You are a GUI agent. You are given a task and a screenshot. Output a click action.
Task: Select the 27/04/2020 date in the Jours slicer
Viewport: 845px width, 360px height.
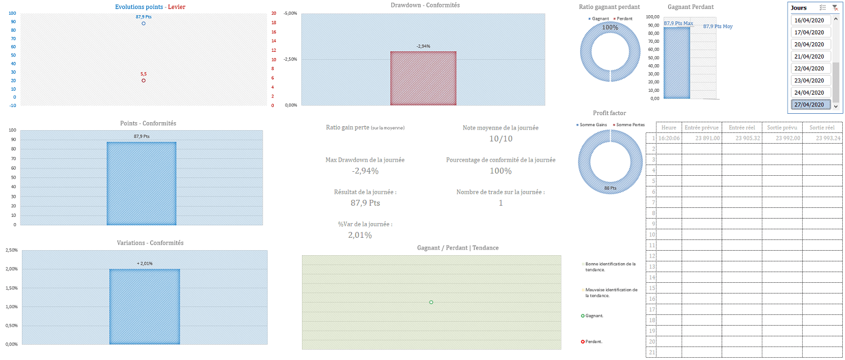click(x=811, y=105)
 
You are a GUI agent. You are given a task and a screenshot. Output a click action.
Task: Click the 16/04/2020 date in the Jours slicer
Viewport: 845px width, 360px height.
click(x=811, y=20)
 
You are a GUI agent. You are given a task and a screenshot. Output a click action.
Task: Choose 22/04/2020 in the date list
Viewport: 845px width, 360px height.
click(x=811, y=68)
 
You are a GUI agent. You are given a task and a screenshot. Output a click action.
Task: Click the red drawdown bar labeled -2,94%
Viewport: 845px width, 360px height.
click(x=423, y=78)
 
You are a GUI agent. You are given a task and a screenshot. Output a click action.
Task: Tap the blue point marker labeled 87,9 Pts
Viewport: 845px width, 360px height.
click(x=144, y=24)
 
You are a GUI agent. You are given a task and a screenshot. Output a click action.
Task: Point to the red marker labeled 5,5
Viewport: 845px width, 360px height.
click(x=144, y=81)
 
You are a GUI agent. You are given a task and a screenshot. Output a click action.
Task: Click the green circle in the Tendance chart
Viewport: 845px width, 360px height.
click(x=431, y=303)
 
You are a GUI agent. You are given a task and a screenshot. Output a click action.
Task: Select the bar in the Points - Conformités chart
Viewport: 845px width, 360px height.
click(x=141, y=183)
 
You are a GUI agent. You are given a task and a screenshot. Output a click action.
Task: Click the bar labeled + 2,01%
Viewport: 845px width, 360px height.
click(x=144, y=306)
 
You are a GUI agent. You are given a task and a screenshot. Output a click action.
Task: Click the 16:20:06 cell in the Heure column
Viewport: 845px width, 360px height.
click(x=669, y=138)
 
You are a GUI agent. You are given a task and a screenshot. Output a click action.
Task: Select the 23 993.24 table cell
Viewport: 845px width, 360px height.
click(x=823, y=138)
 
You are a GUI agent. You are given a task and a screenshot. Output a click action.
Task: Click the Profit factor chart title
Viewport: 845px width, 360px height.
click(x=609, y=113)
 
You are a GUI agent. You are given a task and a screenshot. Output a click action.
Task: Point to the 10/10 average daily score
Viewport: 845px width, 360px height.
click(x=500, y=139)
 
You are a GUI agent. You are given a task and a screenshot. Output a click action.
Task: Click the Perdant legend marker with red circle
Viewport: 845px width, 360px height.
click(x=583, y=341)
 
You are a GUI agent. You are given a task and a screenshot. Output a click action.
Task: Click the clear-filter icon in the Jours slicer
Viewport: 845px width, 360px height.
click(x=835, y=8)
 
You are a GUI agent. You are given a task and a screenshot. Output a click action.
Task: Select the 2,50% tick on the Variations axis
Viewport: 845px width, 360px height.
click(x=11, y=250)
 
